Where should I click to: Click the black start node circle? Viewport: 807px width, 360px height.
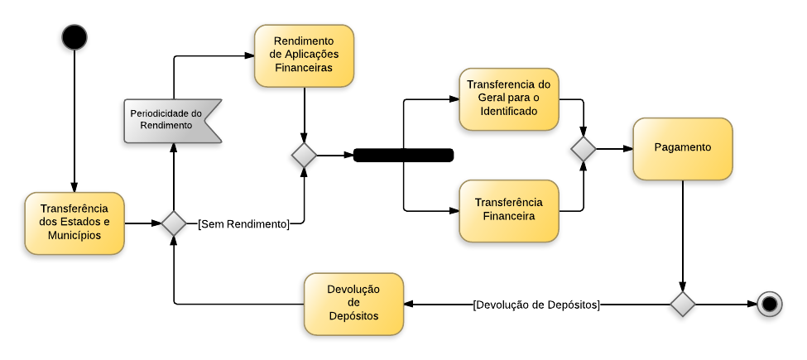(x=74, y=37)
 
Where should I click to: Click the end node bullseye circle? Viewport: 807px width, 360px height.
(x=770, y=304)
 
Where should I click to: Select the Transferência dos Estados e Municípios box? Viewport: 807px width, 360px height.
(x=74, y=223)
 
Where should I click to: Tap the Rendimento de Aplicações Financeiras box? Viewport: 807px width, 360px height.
(x=304, y=55)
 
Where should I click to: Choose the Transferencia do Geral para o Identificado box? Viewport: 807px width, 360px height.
(x=508, y=98)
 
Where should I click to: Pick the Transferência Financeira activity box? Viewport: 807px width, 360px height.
(x=508, y=210)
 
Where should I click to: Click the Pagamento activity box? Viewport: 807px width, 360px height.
(x=682, y=148)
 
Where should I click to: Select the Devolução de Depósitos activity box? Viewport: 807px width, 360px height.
(x=353, y=304)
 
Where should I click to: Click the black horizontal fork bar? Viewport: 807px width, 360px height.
(x=403, y=155)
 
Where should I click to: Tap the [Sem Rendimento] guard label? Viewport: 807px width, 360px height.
(x=243, y=223)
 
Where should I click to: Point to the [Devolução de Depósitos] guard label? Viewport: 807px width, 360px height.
(x=536, y=304)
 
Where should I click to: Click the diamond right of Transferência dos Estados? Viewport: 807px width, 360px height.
(x=174, y=223)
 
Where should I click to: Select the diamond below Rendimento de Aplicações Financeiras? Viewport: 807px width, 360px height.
(x=304, y=155)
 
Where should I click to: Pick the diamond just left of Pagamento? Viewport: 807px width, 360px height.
(x=584, y=149)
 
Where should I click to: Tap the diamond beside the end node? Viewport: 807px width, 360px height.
(x=682, y=304)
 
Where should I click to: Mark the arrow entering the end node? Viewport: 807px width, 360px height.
(x=726, y=304)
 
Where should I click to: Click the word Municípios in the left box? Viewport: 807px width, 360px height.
(x=74, y=235)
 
